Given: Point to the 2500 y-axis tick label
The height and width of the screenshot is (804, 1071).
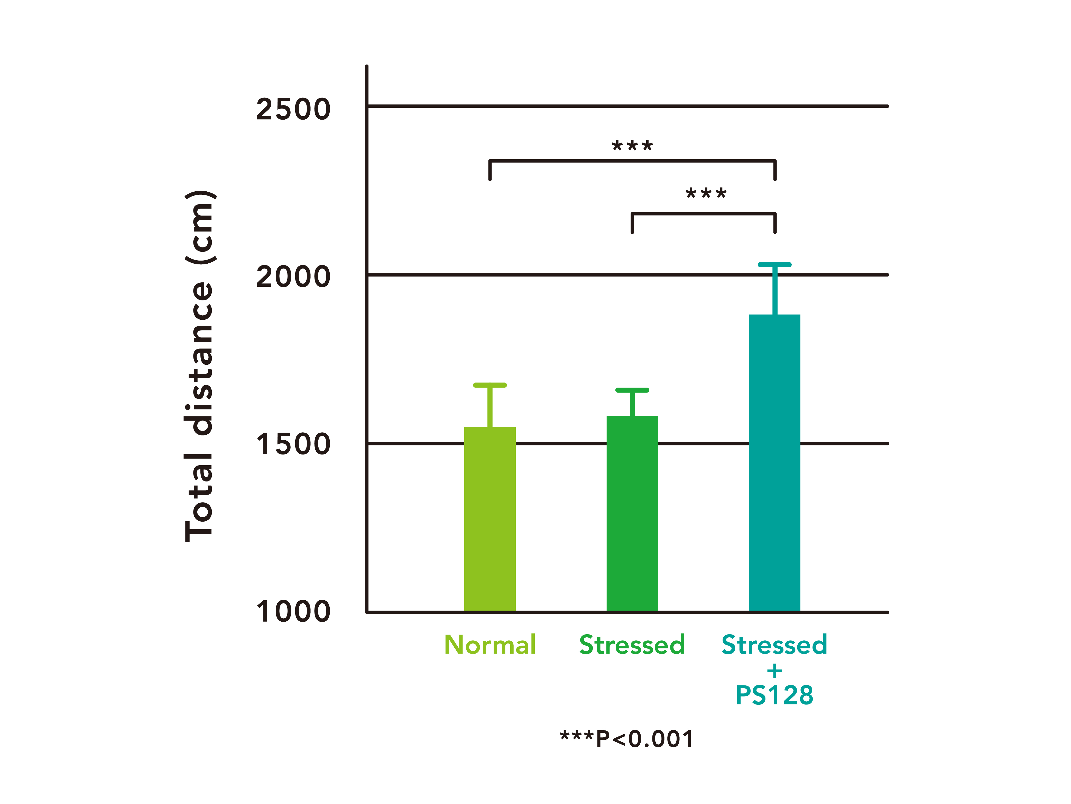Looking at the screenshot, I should (293, 109).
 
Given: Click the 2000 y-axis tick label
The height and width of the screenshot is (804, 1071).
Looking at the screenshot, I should (293, 277).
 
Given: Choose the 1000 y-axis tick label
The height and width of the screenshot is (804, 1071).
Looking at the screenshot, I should (293, 612).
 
